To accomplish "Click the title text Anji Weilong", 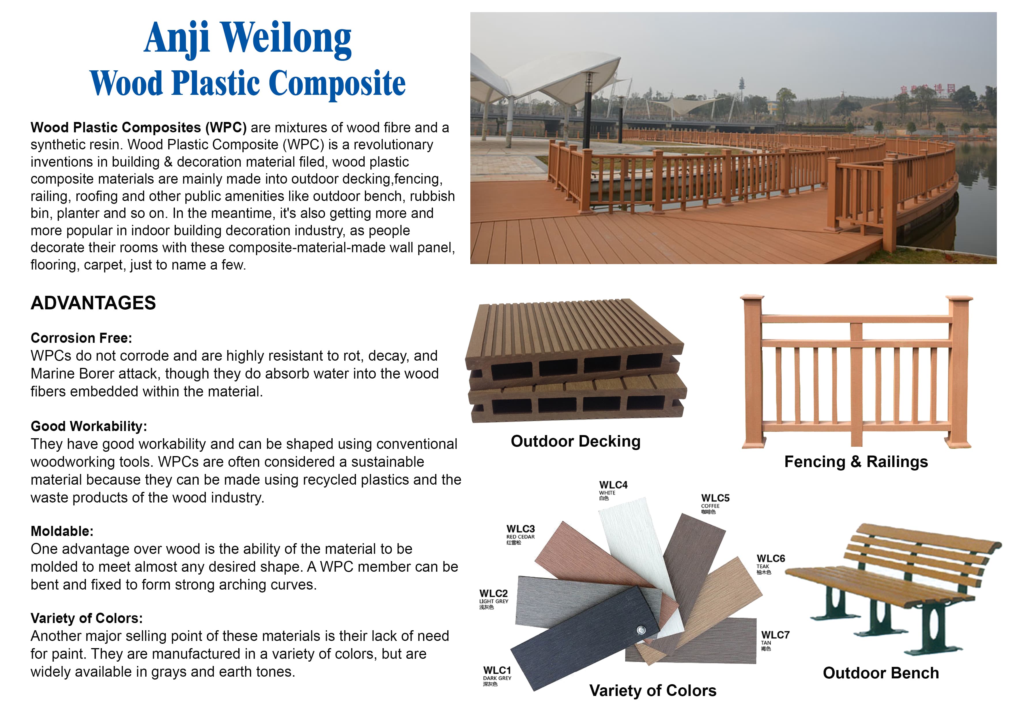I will (x=248, y=39).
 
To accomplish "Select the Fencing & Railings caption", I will (x=856, y=461).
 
